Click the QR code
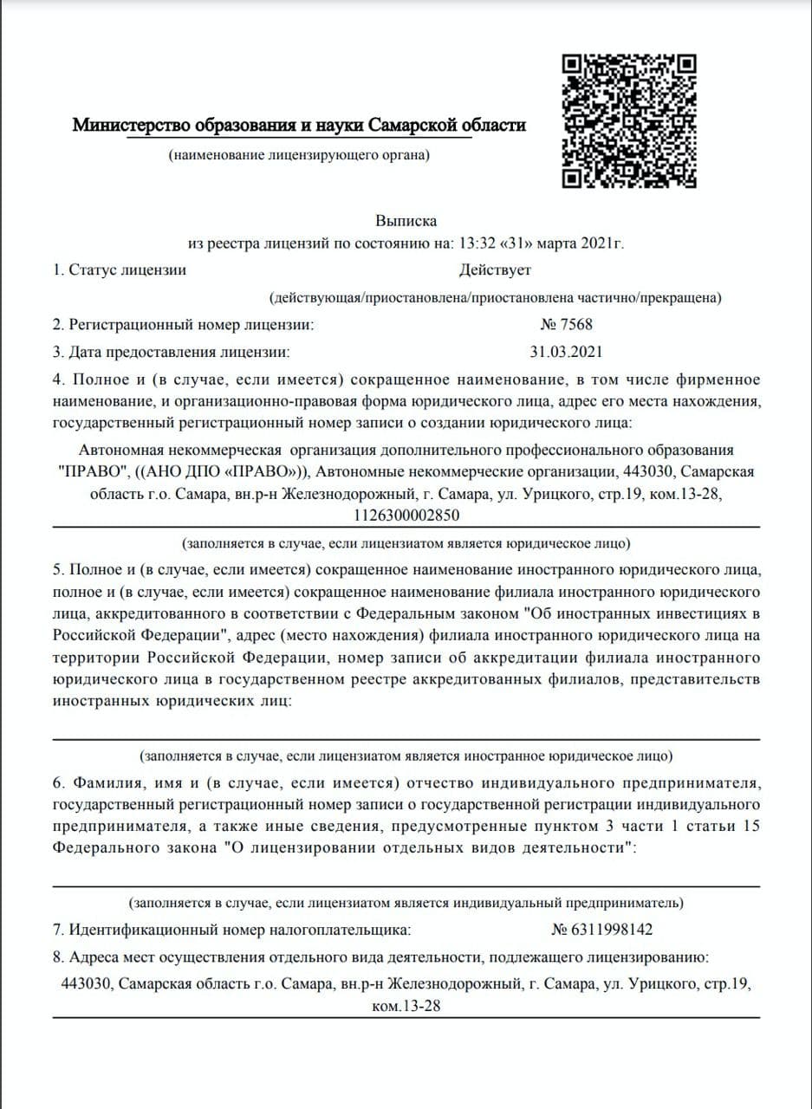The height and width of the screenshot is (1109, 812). click(x=630, y=121)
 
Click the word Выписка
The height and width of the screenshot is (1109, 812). click(x=406, y=221)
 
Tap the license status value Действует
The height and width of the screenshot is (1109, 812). click(x=495, y=270)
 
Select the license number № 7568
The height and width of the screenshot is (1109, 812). click(x=567, y=325)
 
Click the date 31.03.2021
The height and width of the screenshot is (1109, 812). click(x=566, y=352)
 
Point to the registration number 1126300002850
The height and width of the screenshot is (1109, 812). click(x=406, y=515)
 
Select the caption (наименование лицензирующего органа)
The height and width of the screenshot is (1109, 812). click(x=299, y=156)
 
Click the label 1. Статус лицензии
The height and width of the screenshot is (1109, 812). click(x=120, y=270)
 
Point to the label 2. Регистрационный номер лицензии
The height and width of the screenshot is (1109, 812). click(x=183, y=325)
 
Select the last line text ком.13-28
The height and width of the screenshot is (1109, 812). click(x=406, y=1008)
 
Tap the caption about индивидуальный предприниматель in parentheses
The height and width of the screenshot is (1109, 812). click(x=406, y=903)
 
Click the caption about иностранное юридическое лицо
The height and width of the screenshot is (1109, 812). click(x=406, y=755)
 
